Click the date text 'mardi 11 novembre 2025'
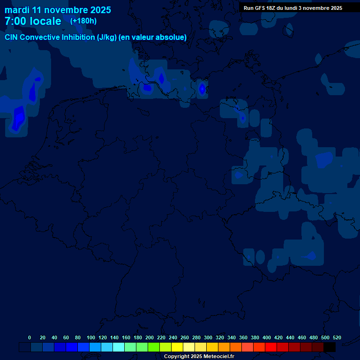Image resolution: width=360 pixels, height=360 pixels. click(x=58, y=10)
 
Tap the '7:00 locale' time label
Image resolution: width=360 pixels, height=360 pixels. click(x=33, y=21)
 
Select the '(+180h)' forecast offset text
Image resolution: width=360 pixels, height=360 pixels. click(x=83, y=21)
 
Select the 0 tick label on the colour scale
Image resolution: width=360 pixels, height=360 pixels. click(x=30, y=337)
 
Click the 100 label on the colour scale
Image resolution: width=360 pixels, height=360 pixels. click(x=91, y=337)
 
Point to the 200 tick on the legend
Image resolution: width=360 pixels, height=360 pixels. click(x=150, y=337)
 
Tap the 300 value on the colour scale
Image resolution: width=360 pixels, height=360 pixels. click(x=208, y=337)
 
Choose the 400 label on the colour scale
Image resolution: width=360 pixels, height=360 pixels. click(x=267, y=337)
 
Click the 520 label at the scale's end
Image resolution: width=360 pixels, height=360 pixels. click(x=337, y=337)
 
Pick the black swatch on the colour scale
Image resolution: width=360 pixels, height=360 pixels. click(x=330, y=347)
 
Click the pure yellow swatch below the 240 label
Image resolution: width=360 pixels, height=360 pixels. click(x=177, y=347)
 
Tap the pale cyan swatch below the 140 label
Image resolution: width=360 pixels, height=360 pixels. click(x=119, y=347)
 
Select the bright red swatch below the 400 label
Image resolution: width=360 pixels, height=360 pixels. click(x=271, y=347)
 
